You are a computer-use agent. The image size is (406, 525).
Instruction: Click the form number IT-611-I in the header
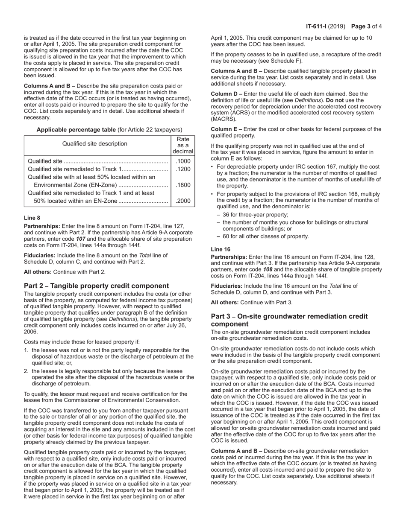pyautogui.click(x=316, y=26)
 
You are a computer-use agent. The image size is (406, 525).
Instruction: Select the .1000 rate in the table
pyautogui.click(x=183, y=161)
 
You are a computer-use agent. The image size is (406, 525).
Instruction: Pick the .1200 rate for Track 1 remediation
pyautogui.click(x=183, y=169)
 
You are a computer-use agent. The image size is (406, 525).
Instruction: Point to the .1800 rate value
pyautogui.click(x=183, y=185)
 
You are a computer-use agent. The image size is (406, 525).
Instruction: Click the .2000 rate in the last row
pyautogui.click(x=183, y=201)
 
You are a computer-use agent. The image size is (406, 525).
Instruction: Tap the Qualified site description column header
pyautogui.click(x=95, y=144)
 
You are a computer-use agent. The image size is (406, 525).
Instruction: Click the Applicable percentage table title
pyautogui.click(x=109, y=130)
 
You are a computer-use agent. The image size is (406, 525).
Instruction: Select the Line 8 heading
pyautogui.click(x=32, y=218)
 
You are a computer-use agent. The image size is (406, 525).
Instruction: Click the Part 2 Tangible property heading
pyautogui.click(x=97, y=286)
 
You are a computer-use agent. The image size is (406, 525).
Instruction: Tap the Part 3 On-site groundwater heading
pyautogui.click(x=289, y=320)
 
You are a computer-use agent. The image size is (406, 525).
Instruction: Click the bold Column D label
pyautogui.click(x=227, y=94)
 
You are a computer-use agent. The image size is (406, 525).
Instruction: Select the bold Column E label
pyautogui.click(x=227, y=129)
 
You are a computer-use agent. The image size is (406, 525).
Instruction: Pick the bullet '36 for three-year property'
pyautogui.click(x=255, y=215)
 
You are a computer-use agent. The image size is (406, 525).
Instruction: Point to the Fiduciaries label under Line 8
pyautogui.click(x=39, y=256)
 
